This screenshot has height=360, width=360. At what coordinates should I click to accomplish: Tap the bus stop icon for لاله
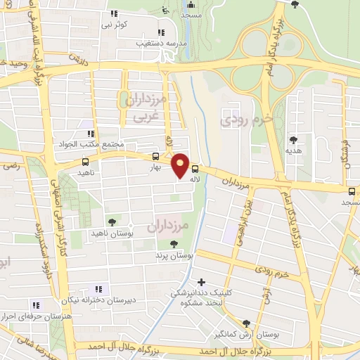click(195, 169)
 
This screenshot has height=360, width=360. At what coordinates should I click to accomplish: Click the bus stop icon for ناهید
click(85, 162)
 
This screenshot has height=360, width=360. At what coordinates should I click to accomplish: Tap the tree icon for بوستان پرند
click(173, 244)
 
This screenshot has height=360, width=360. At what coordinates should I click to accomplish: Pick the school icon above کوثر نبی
click(115, 13)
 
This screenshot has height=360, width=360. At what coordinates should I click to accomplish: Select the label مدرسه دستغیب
click(160, 43)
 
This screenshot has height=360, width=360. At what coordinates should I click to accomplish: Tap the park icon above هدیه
click(293, 140)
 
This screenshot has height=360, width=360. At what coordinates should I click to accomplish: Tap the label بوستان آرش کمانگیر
click(257, 335)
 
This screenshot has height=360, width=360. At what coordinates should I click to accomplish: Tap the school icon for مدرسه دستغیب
click(161, 32)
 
